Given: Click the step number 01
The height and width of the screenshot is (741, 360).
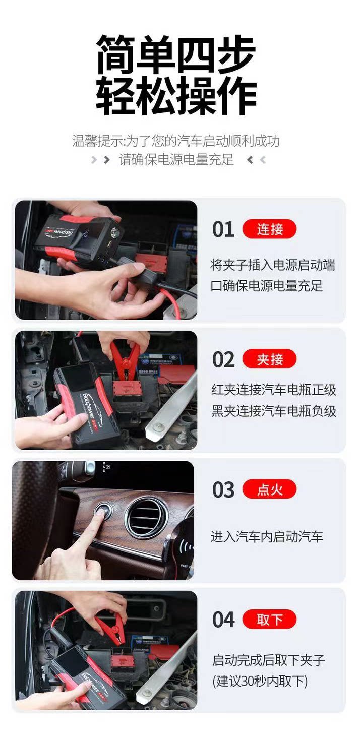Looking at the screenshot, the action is pyautogui.click(x=223, y=229).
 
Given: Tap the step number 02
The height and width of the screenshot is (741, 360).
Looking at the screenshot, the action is pyautogui.click(x=223, y=359).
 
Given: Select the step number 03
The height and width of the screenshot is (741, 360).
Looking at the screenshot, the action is pyautogui.click(x=223, y=489).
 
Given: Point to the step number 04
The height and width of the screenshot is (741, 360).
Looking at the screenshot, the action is pyautogui.click(x=223, y=620).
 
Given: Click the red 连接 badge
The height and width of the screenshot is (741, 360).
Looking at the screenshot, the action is pyautogui.click(x=269, y=229).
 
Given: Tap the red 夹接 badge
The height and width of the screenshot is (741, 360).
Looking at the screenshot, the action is pyautogui.click(x=269, y=359).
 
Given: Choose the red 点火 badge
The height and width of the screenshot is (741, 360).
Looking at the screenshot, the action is pyautogui.click(x=269, y=489).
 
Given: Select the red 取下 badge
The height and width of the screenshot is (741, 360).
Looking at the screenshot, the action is pyautogui.click(x=269, y=619).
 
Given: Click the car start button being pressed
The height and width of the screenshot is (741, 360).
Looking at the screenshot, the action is pyautogui.click(x=102, y=510).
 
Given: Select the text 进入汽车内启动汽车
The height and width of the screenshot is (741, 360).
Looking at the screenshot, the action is pyautogui.click(x=267, y=536).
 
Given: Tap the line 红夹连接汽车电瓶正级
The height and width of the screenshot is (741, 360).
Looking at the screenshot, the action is pyautogui.click(x=274, y=390).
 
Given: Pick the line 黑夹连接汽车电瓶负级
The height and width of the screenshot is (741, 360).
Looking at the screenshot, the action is pyautogui.click(x=274, y=411).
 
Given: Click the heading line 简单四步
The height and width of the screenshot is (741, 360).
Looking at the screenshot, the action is pyautogui.click(x=176, y=54).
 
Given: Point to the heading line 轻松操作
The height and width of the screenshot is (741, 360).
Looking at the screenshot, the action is pyautogui.click(x=176, y=95).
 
